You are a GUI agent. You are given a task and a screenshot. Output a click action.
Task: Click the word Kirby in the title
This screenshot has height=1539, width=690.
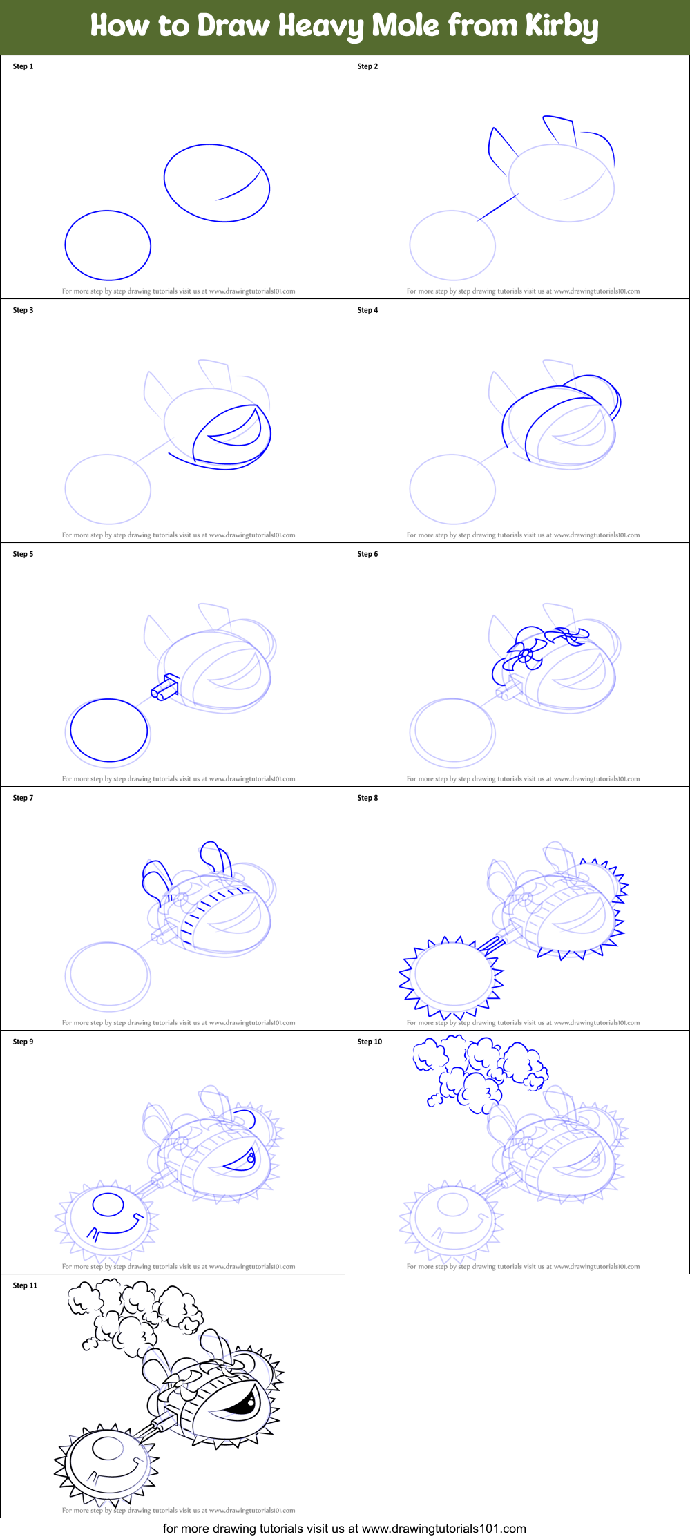pos(561,26)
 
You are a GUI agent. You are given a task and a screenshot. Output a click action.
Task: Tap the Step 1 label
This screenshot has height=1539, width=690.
pos(23,66)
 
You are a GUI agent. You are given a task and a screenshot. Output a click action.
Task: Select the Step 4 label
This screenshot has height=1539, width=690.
pos(367,310)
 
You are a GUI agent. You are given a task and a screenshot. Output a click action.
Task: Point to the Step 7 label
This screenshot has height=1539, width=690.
pos(23,798)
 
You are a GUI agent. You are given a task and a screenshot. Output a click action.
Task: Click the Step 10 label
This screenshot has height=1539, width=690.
pos(370,1042)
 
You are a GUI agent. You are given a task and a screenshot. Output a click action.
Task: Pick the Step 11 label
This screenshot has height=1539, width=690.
pos(25,1285)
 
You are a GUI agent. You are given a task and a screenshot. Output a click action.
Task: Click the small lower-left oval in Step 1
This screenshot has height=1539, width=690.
pos(108,246)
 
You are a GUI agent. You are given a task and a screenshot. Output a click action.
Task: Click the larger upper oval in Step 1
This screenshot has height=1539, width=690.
pos(216,182)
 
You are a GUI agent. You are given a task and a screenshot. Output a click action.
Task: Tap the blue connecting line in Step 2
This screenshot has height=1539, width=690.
pos(497,208)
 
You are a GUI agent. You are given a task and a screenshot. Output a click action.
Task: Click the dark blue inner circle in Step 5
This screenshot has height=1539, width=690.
pos(109,730)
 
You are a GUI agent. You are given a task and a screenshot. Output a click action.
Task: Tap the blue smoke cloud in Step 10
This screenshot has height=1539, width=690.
pos(477,1071)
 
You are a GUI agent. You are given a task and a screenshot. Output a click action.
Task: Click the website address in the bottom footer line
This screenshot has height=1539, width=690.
pos(443,1529)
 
